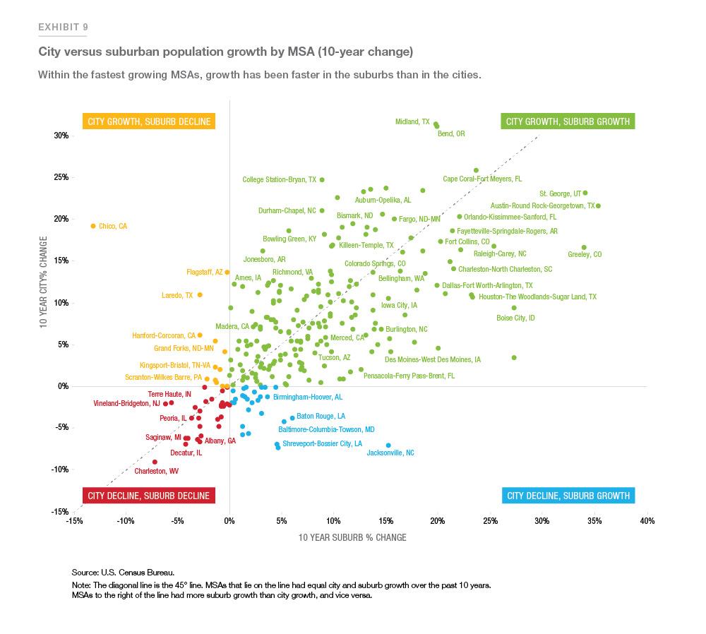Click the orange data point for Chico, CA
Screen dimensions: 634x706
point(93,226)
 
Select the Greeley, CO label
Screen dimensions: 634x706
point(585,254)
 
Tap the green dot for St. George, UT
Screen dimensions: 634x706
point(585,193)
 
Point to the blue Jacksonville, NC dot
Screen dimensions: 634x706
point(388,445)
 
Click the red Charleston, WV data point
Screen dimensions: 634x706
point(155,462)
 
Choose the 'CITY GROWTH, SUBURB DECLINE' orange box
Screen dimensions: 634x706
point(148,121)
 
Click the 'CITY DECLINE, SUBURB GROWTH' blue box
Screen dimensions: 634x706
point(568,496)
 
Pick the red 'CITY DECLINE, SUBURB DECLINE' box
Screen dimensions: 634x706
point(148,496)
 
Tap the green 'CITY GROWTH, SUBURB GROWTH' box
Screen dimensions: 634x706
point(568,121)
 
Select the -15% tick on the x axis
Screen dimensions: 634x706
point(73,522)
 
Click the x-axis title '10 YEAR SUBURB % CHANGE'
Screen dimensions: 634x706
point(352,537)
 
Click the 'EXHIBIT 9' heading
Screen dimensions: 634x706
point(63,28)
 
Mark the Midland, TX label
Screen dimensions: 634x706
point(412,122)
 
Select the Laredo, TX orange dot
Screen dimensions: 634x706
point(200,294)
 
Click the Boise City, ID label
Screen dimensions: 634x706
point(515,318)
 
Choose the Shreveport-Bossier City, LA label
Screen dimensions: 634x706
point(322,444)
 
